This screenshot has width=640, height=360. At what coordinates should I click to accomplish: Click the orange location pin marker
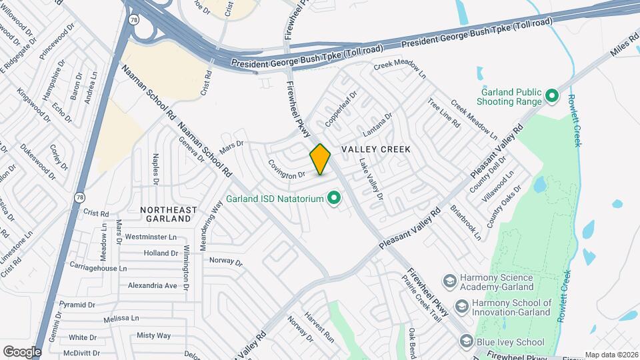[x=321, y=159]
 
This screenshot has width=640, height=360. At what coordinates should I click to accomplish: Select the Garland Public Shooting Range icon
[x=551, y=97]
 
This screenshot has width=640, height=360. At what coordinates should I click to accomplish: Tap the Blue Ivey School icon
[x=466, y=341]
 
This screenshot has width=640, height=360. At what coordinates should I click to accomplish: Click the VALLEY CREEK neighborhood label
[x=375, y=149]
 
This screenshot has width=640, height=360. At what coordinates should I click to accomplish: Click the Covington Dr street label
[x=287, y=169]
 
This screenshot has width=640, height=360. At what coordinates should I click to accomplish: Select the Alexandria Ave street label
[x=152, y=285]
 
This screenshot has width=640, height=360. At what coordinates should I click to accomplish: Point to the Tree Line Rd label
[x=443, y=114]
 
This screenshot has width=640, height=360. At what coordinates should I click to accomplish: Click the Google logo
[x=21, y=351]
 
